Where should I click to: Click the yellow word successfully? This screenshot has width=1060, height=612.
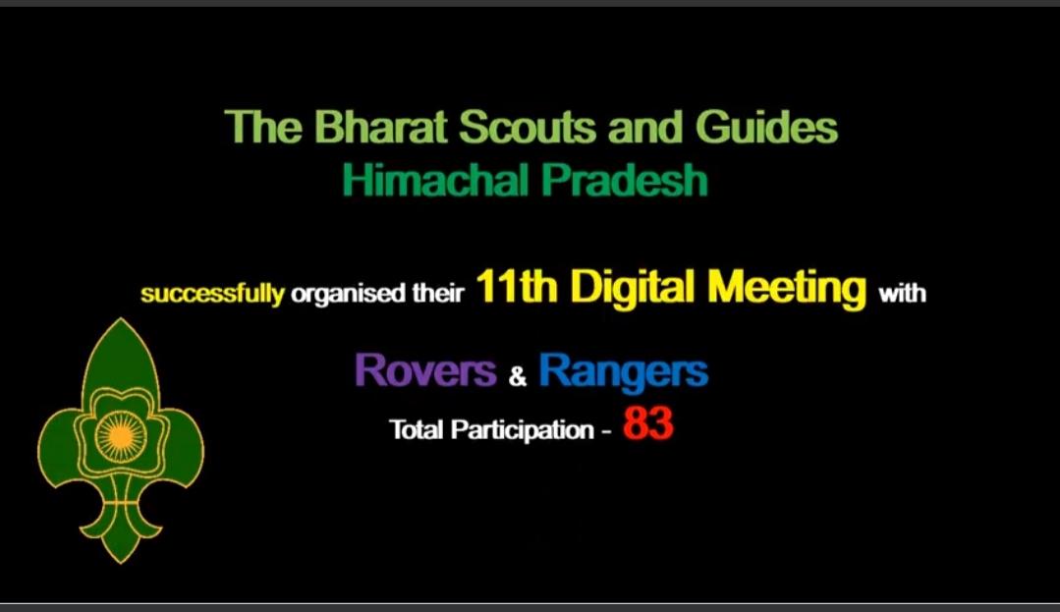click(211, 294)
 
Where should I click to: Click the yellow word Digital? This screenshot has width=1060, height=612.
click(633, 289)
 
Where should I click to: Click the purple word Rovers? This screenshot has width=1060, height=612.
click(425, 371)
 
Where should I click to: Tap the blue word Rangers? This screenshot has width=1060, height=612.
click(623, 371)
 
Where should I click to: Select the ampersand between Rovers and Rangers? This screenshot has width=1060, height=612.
click(518, 376)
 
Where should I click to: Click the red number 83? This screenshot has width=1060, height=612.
click(647, 426)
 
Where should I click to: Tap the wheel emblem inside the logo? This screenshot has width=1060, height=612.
click(120, 432)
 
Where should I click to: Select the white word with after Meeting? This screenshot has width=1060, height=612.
click(902, 294)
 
